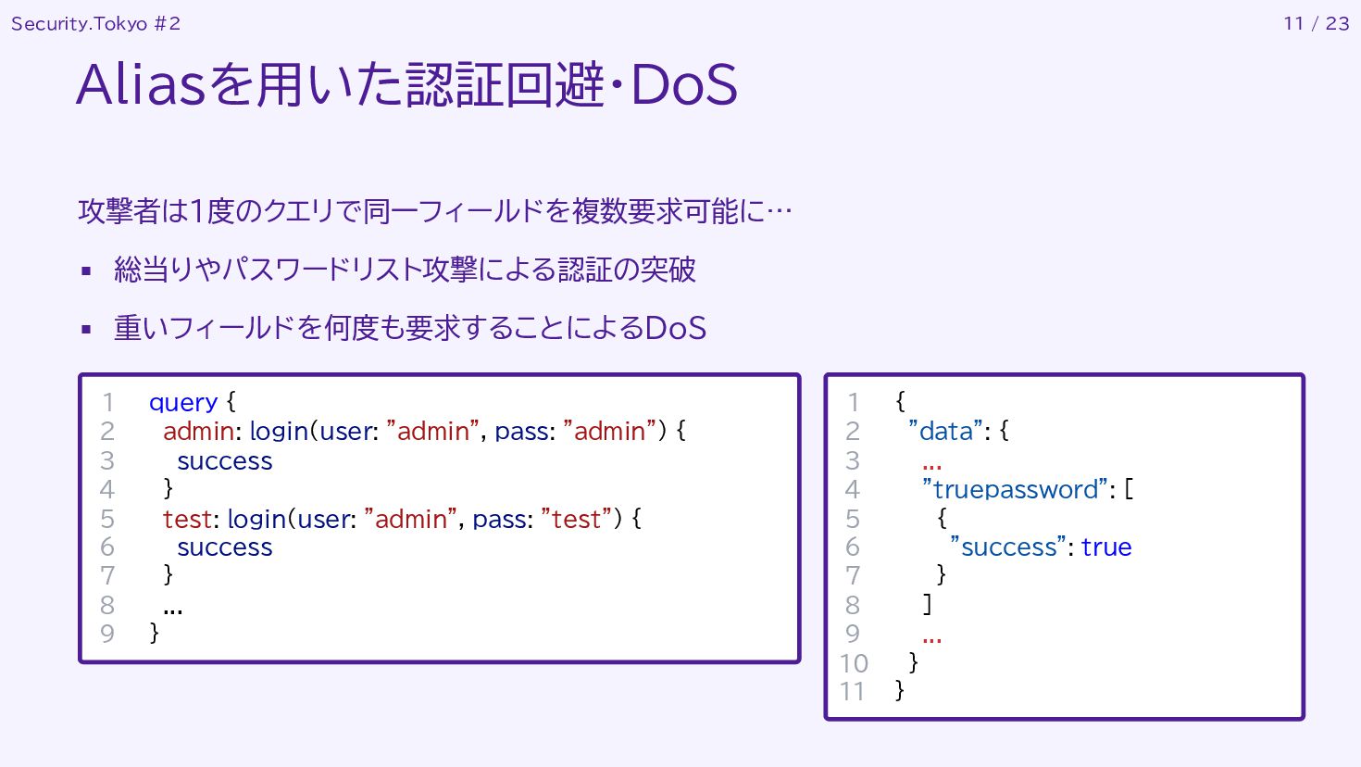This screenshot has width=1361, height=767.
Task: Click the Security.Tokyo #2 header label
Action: pyautogui.click(x=95, y=24)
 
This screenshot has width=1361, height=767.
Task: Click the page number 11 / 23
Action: pyautogui.click(x=1316, y=24)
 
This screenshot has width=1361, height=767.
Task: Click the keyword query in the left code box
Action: pyautogui.click(x=183, y=402)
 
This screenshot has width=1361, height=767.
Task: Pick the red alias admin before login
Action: pyautogui.click(x=198, y=431)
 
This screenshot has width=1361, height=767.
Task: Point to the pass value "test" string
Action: pyautogui.click(x=576, y=519)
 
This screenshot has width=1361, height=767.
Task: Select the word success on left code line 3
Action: pyautogui.click(x=225, y=461)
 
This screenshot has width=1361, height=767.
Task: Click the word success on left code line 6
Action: pyautogui.click(x=225, y=547)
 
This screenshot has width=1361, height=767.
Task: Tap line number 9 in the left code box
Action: pyautogui.click(x=107, y=634)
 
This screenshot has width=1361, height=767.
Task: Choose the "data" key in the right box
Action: pyautogui.click(x=945, y=431)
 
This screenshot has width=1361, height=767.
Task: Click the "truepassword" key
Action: pyautogui.click(x=1015, y=489)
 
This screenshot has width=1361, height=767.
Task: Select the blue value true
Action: pyautogui.click(x=1106, y=547)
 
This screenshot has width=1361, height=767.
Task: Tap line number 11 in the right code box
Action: pyautogui.click(x=852, y=691)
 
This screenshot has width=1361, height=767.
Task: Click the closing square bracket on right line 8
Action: pyautogui.click(x=927, y=604)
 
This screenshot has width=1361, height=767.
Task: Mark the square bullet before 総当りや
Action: pyautogui.click(x=86, y=271)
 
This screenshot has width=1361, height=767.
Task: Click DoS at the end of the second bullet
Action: pyautogui.click(x=675, y=328)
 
